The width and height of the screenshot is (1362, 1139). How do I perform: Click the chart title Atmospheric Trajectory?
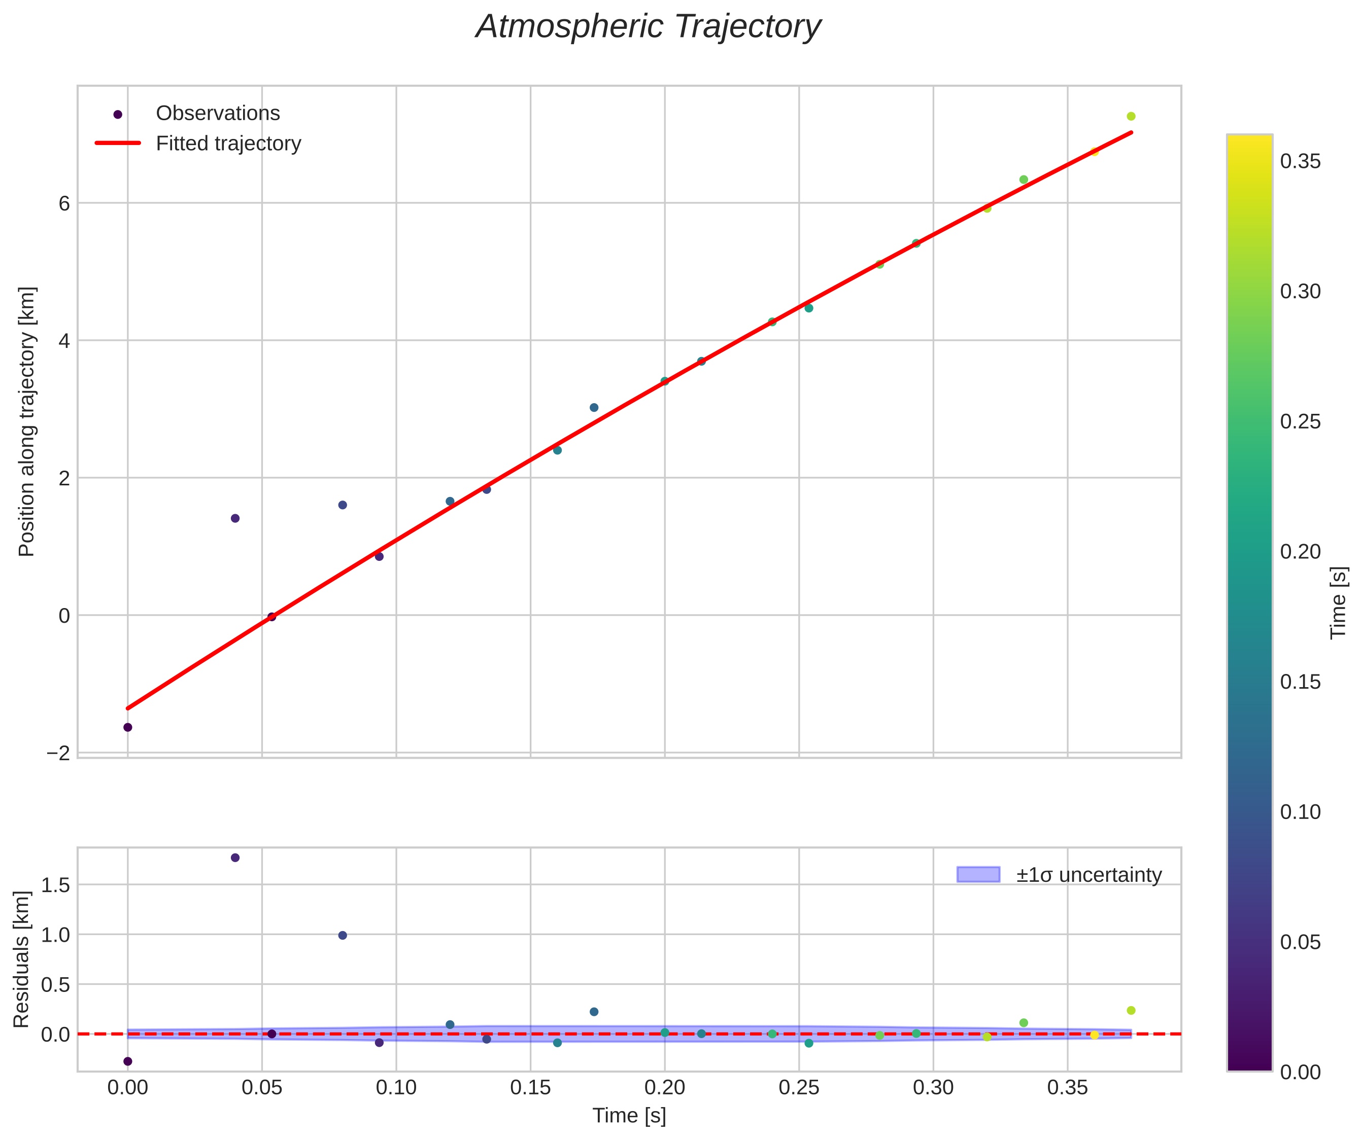(x=648, y=27)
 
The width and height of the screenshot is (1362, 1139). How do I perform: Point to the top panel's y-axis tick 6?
(x=64, y=203)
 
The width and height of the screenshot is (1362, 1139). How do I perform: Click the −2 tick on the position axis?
(x=58, y=753)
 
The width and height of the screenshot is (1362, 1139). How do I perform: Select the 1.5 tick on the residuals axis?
(x=55, y=885)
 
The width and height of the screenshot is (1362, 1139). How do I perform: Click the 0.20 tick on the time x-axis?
(x=665, y=1088)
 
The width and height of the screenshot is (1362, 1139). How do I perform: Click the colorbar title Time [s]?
(x=1339, y=603)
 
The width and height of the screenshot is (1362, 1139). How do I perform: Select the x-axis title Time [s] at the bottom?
(x=629, y=1116)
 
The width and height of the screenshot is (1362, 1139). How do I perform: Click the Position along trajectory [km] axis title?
(x=26, y=421)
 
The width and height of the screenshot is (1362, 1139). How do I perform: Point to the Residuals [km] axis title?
(x=21, y=959)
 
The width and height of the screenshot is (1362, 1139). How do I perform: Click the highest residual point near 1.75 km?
(x=235, y=858)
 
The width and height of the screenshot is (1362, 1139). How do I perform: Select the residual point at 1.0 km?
(x=343, y=936)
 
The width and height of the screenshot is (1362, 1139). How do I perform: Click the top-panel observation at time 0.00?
(x=128, y=727)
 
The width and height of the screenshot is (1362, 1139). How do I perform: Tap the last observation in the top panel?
(x=1131, y=116)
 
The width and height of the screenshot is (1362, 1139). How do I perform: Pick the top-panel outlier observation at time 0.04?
(x=235, y=518)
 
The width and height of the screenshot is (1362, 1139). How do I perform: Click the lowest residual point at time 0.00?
(x=128, y=1061)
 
